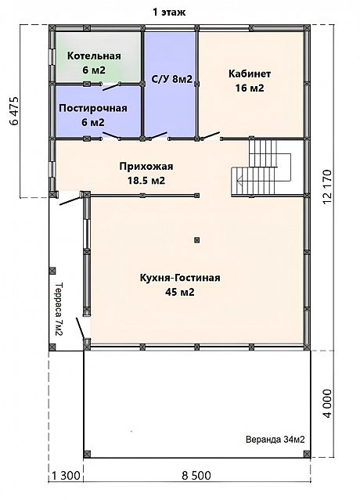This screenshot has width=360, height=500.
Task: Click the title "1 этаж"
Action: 169,13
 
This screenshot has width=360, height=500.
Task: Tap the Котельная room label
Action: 94,63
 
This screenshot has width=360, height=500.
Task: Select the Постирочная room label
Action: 93,115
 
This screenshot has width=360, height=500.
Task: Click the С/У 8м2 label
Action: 172,79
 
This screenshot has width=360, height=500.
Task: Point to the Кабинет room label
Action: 250,81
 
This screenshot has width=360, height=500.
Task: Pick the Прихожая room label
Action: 146,174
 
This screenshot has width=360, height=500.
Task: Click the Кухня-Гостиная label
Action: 180,285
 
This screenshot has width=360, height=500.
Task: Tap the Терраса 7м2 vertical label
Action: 59,309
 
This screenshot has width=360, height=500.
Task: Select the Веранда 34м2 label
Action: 275,440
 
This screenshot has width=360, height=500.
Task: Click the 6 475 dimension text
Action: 15,111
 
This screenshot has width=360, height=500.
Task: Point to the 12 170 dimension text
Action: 327,187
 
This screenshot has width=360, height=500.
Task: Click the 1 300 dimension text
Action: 66,476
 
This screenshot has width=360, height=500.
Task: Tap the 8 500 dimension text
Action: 196,476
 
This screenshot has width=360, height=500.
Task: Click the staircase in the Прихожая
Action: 261,167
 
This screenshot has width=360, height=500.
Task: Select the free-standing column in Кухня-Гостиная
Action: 197,239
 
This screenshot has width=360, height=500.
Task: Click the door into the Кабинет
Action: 211,136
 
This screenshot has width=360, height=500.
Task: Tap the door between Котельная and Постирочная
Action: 111,86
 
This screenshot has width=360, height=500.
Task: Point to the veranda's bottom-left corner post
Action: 87,454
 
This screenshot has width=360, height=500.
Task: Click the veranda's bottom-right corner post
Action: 307,454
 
